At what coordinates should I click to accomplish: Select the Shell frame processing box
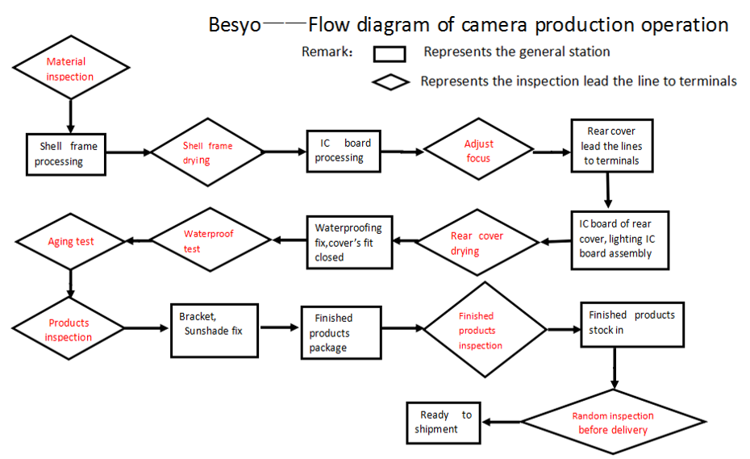(69, 154)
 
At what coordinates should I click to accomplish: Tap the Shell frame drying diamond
(207, 152)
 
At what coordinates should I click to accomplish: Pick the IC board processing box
(342, 151)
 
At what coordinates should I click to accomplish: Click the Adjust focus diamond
(479, 151)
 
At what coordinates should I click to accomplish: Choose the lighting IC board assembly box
(615, 239)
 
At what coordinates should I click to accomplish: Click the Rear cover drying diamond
(477, 243)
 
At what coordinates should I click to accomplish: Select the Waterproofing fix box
(348, 242)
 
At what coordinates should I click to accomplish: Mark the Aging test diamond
(71, 241)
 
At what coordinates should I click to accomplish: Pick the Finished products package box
(340, 332)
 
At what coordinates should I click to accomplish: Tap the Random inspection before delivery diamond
(613, 423)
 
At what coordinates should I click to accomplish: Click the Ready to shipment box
(444, 423)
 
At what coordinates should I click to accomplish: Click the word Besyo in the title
(235, 24)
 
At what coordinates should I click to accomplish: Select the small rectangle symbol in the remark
(390, 54)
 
